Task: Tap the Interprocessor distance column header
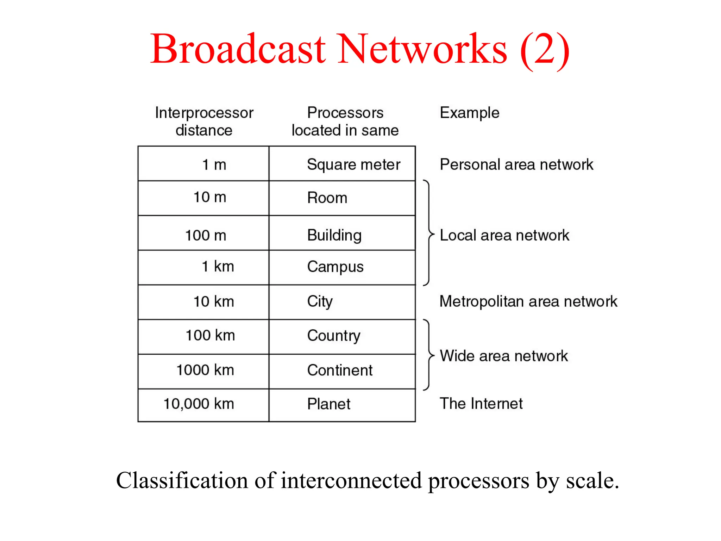pyautogui.click(x=204, y=122)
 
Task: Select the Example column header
pyautogui.click(x=469, y=113)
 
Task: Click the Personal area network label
pyautogui.click(x=516, y=164)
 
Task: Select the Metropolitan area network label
pyautogui.click(x=528, y=301)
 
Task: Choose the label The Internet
pyautogui.click(x=481, y=404)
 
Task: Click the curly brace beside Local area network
pyautogui.click(x=428, y=233)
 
